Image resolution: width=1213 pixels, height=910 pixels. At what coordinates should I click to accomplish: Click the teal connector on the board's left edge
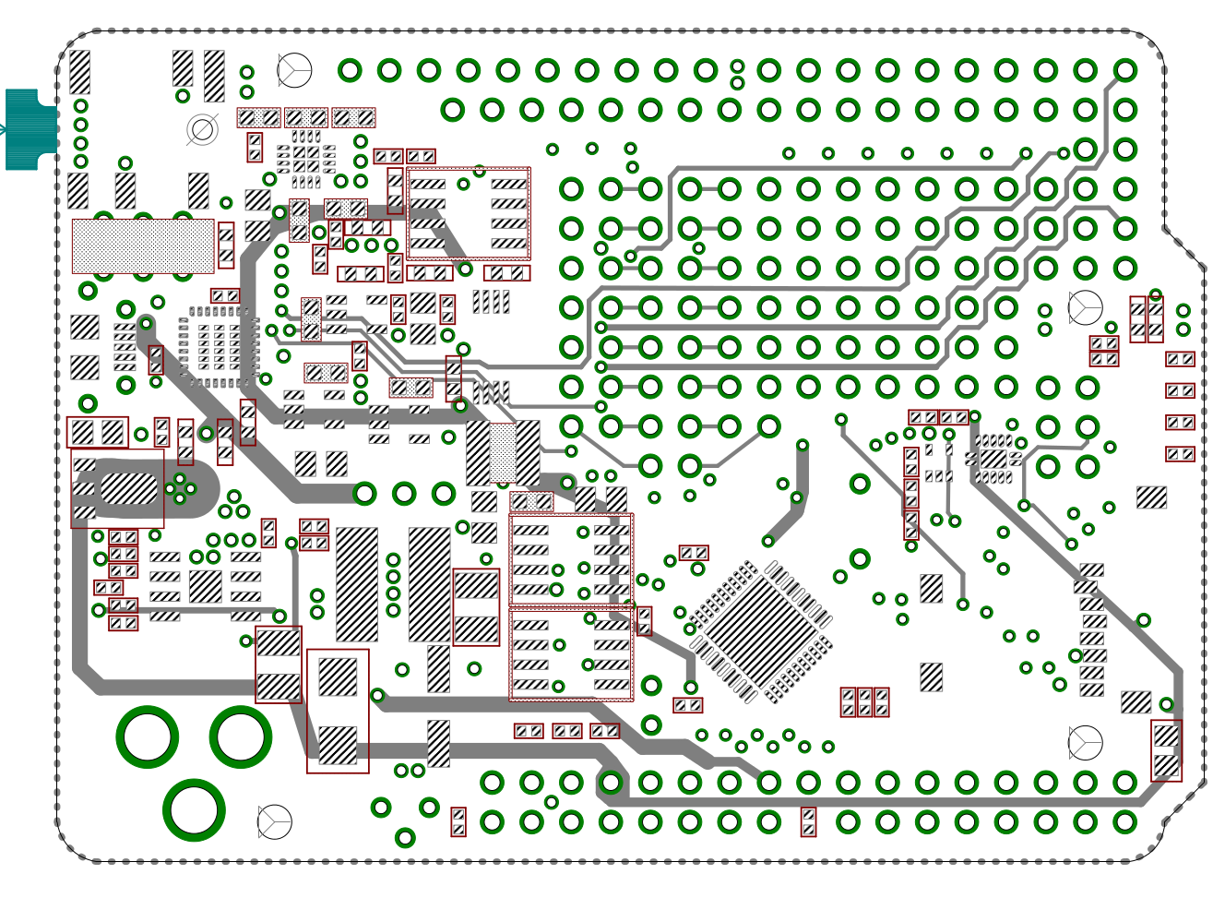30,129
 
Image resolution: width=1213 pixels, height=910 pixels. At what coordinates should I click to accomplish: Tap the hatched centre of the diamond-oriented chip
762,632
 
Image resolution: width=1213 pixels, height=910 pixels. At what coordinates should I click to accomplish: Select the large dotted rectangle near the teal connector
143,245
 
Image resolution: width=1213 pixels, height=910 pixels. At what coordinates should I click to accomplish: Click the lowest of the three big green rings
194,809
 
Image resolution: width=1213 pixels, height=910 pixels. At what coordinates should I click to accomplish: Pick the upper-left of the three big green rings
148,736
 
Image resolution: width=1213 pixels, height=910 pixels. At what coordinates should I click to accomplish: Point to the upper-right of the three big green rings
241,736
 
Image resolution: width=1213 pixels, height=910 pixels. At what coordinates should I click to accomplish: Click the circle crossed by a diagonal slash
202,130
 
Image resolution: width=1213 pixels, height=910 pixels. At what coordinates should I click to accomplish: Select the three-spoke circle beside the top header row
294,70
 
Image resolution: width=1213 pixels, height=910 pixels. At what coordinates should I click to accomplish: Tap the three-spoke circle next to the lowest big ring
275,821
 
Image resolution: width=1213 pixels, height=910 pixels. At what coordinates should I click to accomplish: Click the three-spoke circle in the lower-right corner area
1085,742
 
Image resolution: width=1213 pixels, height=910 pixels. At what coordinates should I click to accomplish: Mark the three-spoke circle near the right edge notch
1085,307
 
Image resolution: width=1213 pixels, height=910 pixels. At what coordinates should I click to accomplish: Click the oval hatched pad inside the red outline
129,488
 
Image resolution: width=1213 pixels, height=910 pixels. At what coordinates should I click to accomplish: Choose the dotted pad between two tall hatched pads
503,452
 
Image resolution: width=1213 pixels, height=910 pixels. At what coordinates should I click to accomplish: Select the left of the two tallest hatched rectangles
357,584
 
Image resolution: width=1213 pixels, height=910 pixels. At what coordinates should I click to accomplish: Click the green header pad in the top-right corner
1124,70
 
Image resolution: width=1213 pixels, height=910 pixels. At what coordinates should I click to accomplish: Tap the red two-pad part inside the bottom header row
808,821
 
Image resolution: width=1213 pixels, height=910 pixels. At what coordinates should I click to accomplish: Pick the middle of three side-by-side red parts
864,702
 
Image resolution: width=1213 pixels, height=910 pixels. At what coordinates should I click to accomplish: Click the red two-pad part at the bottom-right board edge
1166,750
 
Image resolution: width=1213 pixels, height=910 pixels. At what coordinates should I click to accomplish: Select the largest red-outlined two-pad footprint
338,711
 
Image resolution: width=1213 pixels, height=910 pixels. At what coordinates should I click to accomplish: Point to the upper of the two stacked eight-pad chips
571,559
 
